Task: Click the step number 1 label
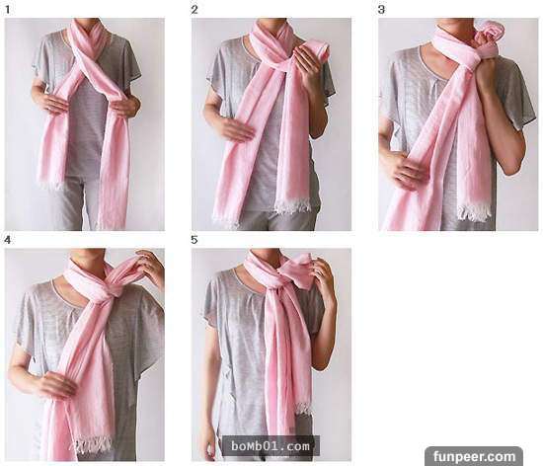7,10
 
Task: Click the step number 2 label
194,10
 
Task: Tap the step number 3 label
381,10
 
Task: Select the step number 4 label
7,240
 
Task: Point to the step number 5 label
194,240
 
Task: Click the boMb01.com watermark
271,446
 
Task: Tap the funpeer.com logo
474,456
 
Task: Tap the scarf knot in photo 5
273,277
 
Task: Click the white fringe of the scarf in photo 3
475,212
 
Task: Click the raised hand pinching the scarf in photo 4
151,263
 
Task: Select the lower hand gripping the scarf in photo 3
411,169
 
